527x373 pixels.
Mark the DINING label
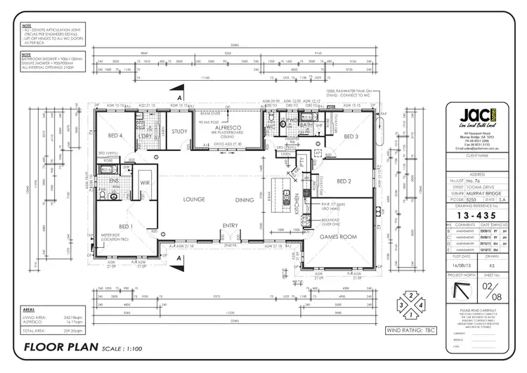(x=245, y=200)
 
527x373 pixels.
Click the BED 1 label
(x=126, y=226)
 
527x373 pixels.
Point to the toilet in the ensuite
(x=113, y=197)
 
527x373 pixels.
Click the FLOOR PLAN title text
(x=62, y=347)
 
